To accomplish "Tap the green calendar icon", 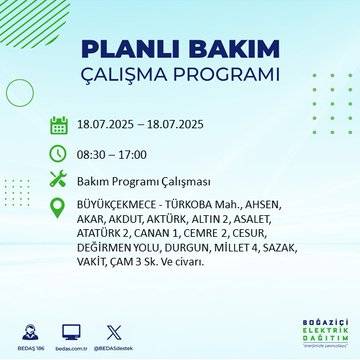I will pyautogui.click(x=59, y=126).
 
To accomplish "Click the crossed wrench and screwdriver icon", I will pyautogui.click(x=59, y=180).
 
